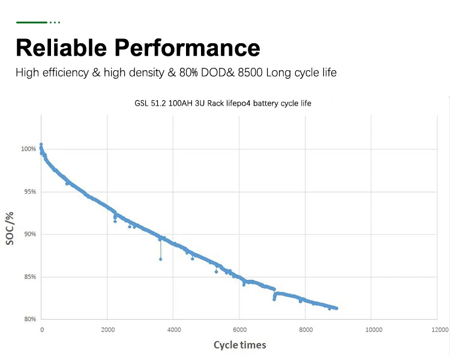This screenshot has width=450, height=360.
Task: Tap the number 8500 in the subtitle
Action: point(248,73)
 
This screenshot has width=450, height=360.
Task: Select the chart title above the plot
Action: point(223,103)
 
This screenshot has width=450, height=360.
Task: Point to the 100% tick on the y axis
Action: point(29,149)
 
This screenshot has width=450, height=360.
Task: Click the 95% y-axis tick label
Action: point(30,191)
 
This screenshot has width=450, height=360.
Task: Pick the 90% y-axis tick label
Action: point(30,234)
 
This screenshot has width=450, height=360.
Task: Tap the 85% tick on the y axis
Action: point(30,277)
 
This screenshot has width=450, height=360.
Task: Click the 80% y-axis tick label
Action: point(30,319)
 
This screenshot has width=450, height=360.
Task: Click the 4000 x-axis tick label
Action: point(173,330)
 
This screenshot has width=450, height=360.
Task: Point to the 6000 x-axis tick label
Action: point(240,330)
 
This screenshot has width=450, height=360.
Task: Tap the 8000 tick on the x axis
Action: point(306,330)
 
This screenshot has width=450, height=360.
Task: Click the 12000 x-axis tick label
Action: point(439,330)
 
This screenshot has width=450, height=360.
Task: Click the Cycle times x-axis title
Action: point(240,345)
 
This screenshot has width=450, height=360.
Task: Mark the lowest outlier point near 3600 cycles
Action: point(160,259)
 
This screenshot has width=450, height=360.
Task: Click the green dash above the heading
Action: point(32,22)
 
